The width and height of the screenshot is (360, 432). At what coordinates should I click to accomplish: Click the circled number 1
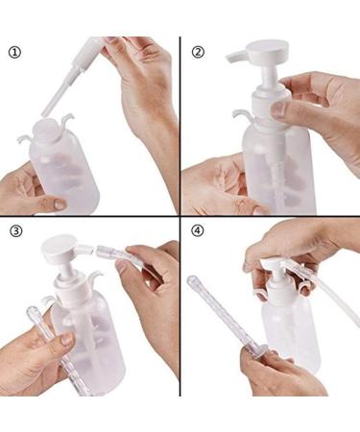pyautogui.click(x=13, y=53)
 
